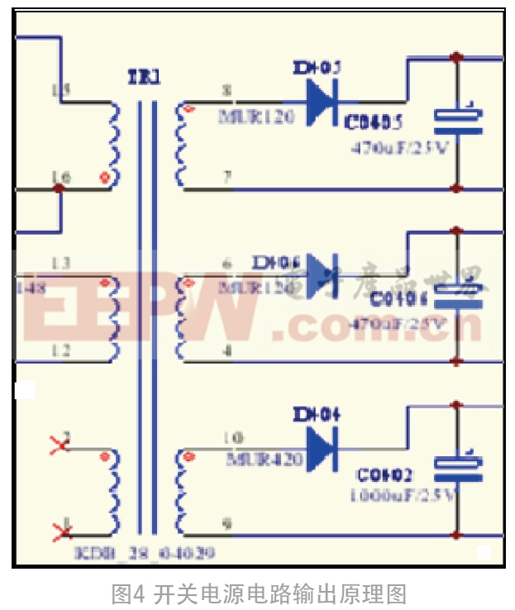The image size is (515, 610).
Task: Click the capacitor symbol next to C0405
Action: pos(457,120)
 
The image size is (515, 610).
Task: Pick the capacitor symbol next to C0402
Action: pos(457,467)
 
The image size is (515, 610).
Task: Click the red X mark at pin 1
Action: pos(60,530)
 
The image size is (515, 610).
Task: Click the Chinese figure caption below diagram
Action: pos(259,593)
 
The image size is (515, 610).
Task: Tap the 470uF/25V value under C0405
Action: pos(400,149)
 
